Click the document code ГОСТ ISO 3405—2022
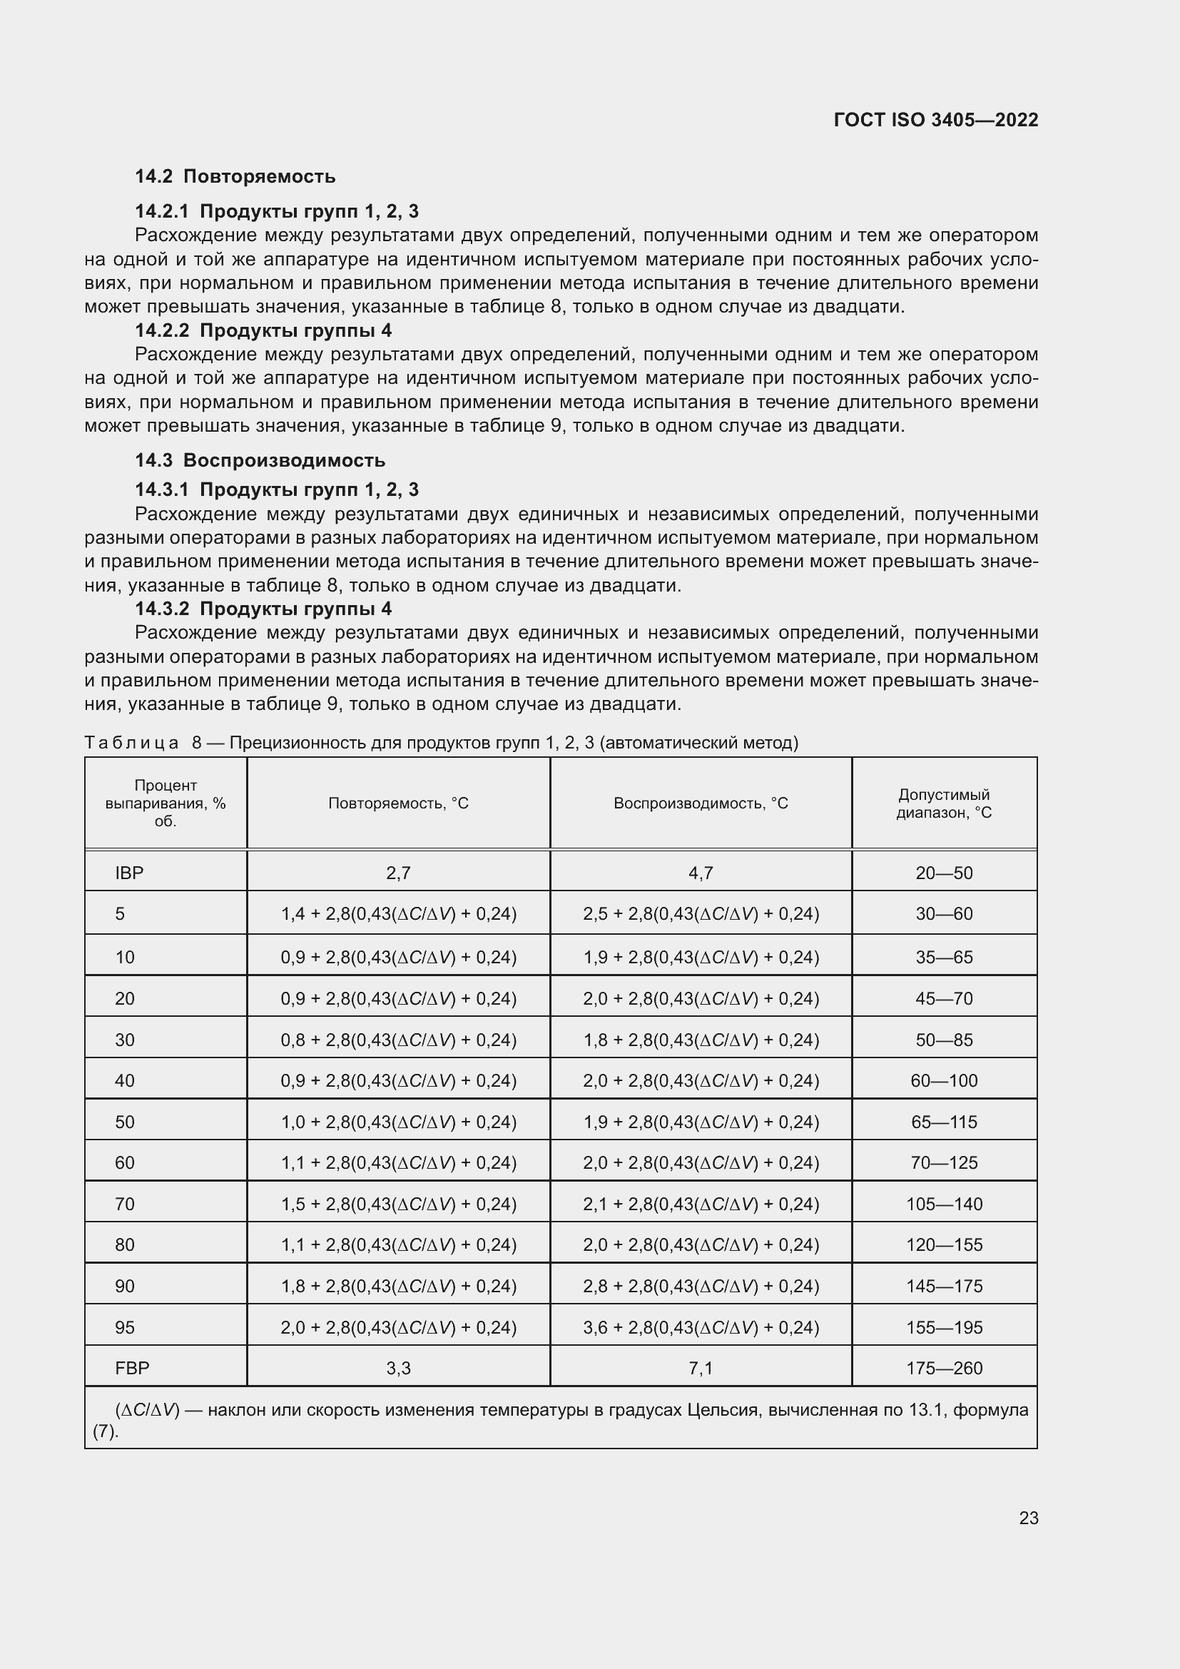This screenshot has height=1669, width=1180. (x=935, y=120)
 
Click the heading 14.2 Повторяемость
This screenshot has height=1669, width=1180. (x=235, y=176)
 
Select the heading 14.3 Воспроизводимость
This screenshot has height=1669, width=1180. (x=260, y=460)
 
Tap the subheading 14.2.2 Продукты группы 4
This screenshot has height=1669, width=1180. (x=263, y=331)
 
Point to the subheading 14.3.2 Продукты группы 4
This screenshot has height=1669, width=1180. (x=263, y=609)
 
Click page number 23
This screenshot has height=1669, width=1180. (x=1028, y=1518)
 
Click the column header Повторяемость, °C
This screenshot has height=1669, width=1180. (x=398, y=803)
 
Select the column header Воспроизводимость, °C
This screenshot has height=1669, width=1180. (x=701, y=803)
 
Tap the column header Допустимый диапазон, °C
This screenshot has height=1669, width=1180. (x=943, y=803)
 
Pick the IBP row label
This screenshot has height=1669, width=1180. (x=129, y=873)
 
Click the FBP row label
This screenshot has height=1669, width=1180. (x=132, y=1368)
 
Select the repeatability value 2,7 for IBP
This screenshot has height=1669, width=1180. (x=398, y=873)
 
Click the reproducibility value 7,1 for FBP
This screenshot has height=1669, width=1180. (x=701, y=1368)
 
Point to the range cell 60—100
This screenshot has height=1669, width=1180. (x=943, y=1080)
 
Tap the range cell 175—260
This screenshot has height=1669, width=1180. (x=943, y=1368)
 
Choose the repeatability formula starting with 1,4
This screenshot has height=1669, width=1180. (x=398, y=914)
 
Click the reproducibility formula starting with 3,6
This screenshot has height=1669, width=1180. (x=701, y=1327)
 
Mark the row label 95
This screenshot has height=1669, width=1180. (x=125, y=1327)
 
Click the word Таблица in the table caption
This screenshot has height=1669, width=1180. (x=131, y=742)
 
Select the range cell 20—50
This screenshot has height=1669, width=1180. (x=943, y=873)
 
